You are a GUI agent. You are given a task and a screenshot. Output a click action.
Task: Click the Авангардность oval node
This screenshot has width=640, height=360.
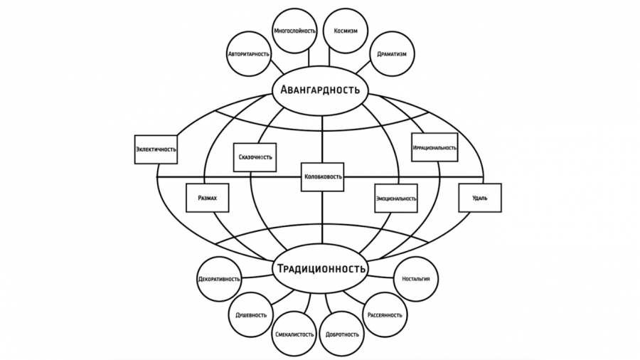(x=320, y=91)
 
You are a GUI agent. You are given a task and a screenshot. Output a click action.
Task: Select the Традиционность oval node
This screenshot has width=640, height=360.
(x=320, y=269)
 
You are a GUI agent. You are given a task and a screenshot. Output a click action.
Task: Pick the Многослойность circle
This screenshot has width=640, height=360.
(x=294, y=31)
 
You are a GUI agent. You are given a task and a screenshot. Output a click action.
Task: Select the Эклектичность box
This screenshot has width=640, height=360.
(x=156, y=149)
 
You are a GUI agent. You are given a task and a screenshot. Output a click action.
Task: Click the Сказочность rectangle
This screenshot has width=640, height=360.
(x=254, y=157)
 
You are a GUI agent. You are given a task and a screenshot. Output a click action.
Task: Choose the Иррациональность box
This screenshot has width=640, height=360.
(x=434, y=147)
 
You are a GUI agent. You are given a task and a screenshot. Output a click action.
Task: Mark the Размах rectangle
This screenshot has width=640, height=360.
(x=207, y=198)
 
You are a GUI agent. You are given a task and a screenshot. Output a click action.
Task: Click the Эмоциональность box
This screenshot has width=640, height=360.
(x=396, y=198)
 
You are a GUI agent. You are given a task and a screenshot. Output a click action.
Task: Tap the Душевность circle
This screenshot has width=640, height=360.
(x=251, y=314)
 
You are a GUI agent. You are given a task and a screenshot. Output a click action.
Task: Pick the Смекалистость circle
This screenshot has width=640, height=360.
(x=294, y=334)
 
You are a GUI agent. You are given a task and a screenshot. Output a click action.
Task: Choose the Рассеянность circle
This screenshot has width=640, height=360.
(x=385, y=314)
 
